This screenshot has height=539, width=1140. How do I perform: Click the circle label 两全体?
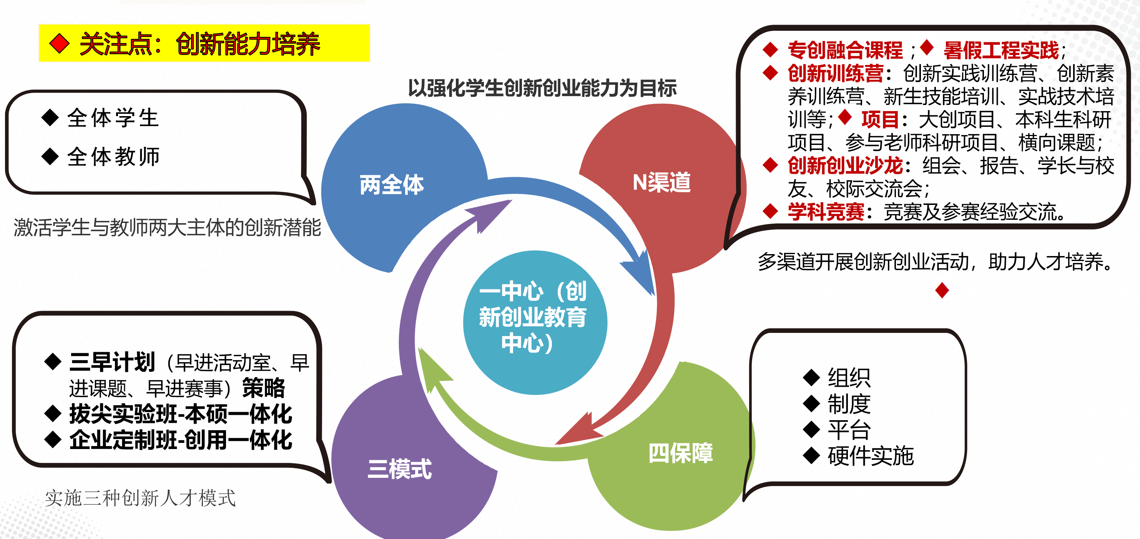pos(392,185)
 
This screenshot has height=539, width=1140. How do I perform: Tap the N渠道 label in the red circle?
pos(661,182)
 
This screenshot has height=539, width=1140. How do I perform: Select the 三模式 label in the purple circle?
pos(400,469)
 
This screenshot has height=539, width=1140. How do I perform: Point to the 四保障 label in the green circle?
pos(681,453)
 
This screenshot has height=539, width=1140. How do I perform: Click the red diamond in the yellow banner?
pos(59,44)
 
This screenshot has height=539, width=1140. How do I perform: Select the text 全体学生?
pos(113,118)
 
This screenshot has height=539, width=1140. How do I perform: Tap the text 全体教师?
pos(113,156)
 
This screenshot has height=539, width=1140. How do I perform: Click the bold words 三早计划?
pos(112,362)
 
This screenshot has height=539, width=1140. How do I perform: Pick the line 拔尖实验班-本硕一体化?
pos(181,414)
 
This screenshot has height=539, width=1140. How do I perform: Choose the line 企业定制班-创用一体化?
pos(181,440)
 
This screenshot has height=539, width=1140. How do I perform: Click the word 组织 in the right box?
pos(849,378)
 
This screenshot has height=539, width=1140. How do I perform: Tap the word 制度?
pos(849,404)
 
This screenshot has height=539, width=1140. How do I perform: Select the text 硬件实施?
pos(871,456)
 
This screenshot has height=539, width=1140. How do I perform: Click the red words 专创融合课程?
pos(845,50)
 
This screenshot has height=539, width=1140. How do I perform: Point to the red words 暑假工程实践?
pos(1001,50)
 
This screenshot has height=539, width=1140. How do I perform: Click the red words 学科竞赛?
pos(826,211)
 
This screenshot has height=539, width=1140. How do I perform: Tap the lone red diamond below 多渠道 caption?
pos(942,290)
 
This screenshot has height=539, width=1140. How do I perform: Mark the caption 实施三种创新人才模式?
pos(140,498)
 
